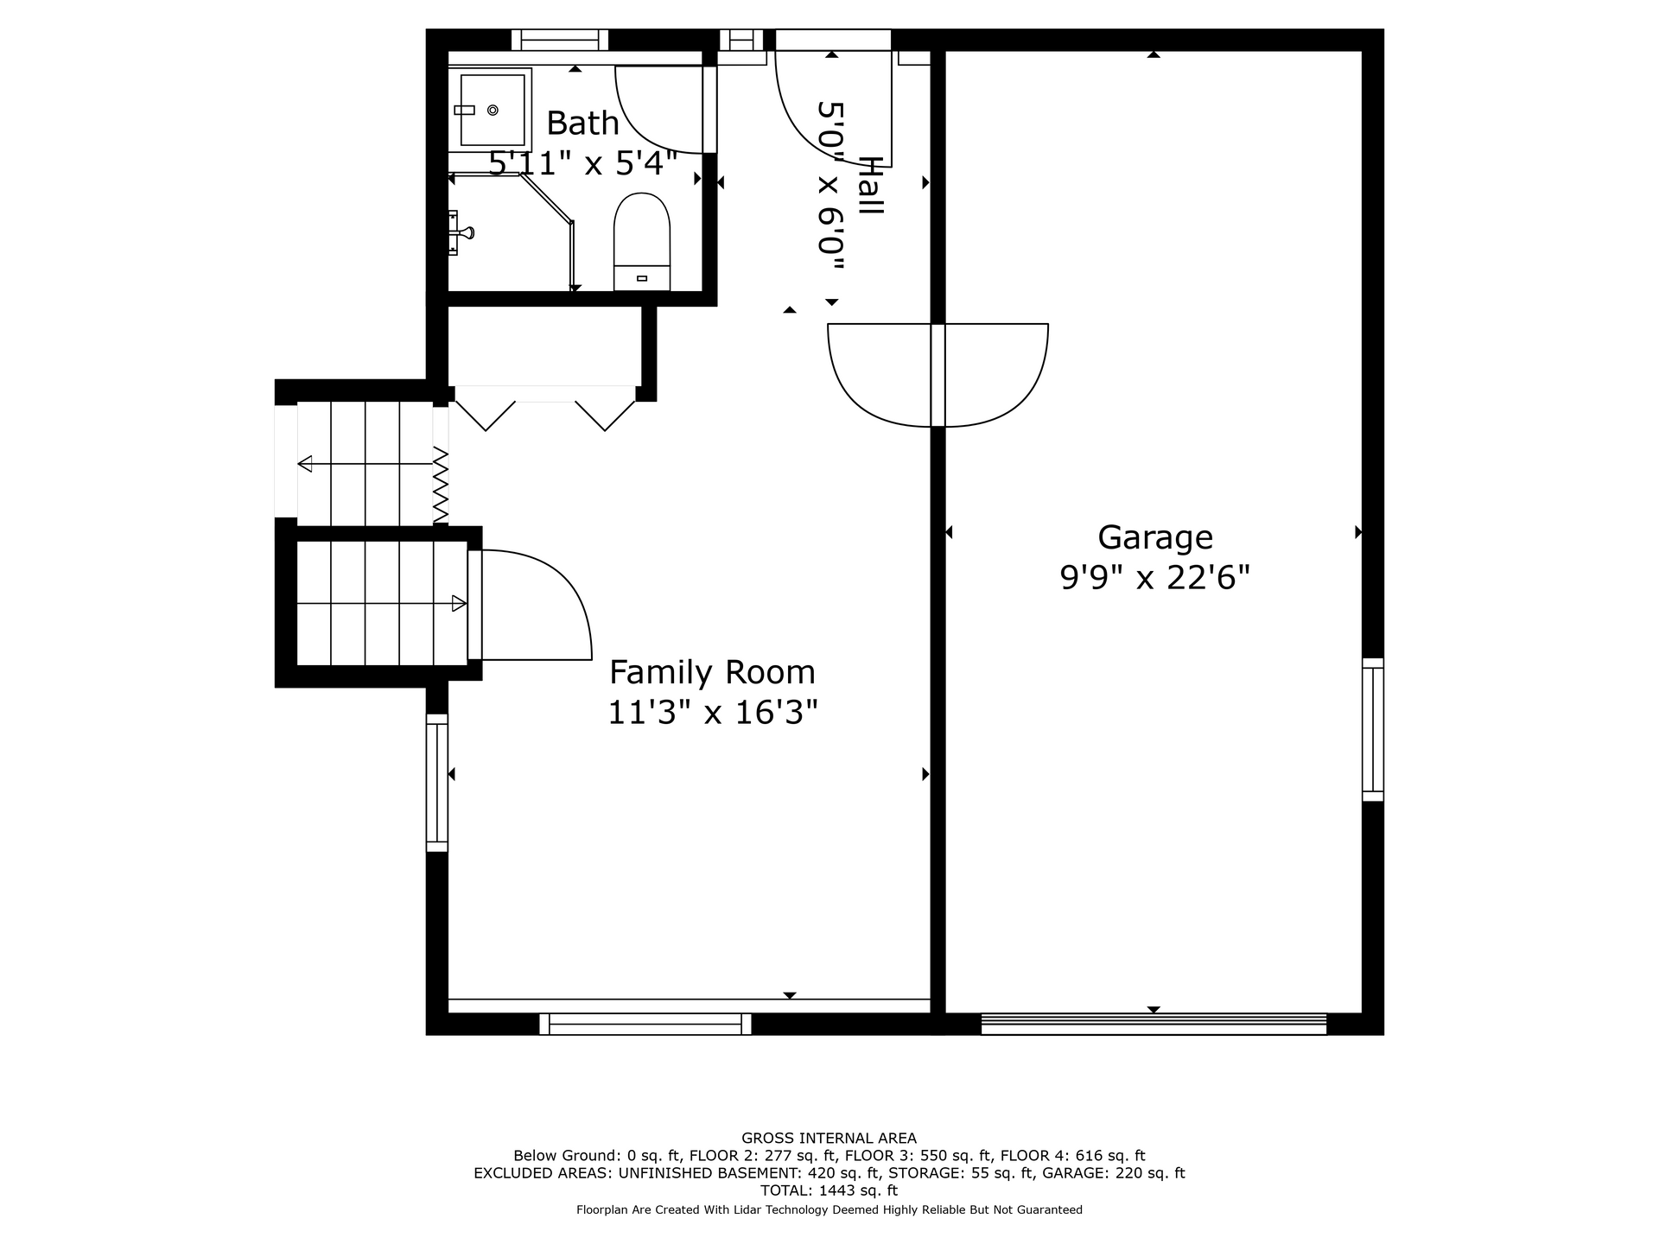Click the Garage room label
tap(1155, 538)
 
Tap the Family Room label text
tap(712, 672)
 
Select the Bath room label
tap(583, 124)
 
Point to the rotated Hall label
tap(870, 186)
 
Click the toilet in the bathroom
tap(642, 242)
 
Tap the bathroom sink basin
tap(492, 110)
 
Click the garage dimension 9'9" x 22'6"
tap(1155, 577)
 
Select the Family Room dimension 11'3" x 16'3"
tap(712, 713)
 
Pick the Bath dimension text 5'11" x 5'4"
tap(583, 163)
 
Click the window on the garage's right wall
tap(1373, 730)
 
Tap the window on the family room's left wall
tap(437, 783)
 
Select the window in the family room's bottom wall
tap(645, 1024)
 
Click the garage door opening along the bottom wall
tap(1154, 1024)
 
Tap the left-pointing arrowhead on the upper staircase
tap(305, 465)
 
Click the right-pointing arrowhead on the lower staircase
tap(460, 604)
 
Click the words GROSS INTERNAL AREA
tap(829, 1139)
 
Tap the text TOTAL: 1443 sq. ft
tap(829, 1190)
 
